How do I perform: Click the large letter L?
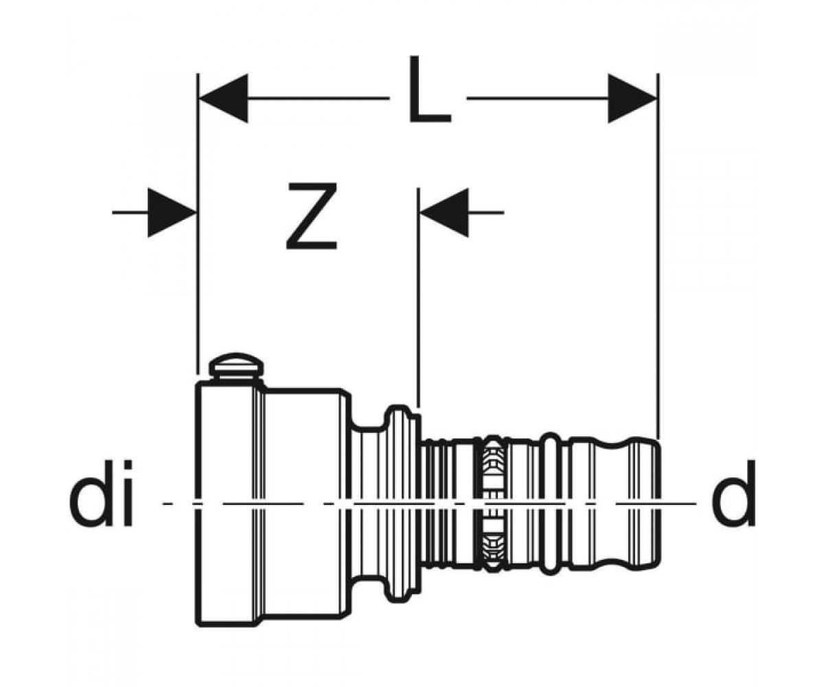point(429,90)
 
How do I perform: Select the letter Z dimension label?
point(312,216)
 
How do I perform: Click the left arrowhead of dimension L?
point(223,98)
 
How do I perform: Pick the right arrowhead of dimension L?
point(632,98)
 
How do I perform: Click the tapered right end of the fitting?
point(644,504)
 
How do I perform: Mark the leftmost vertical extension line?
point(198,223)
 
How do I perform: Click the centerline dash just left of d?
point(655,504)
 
